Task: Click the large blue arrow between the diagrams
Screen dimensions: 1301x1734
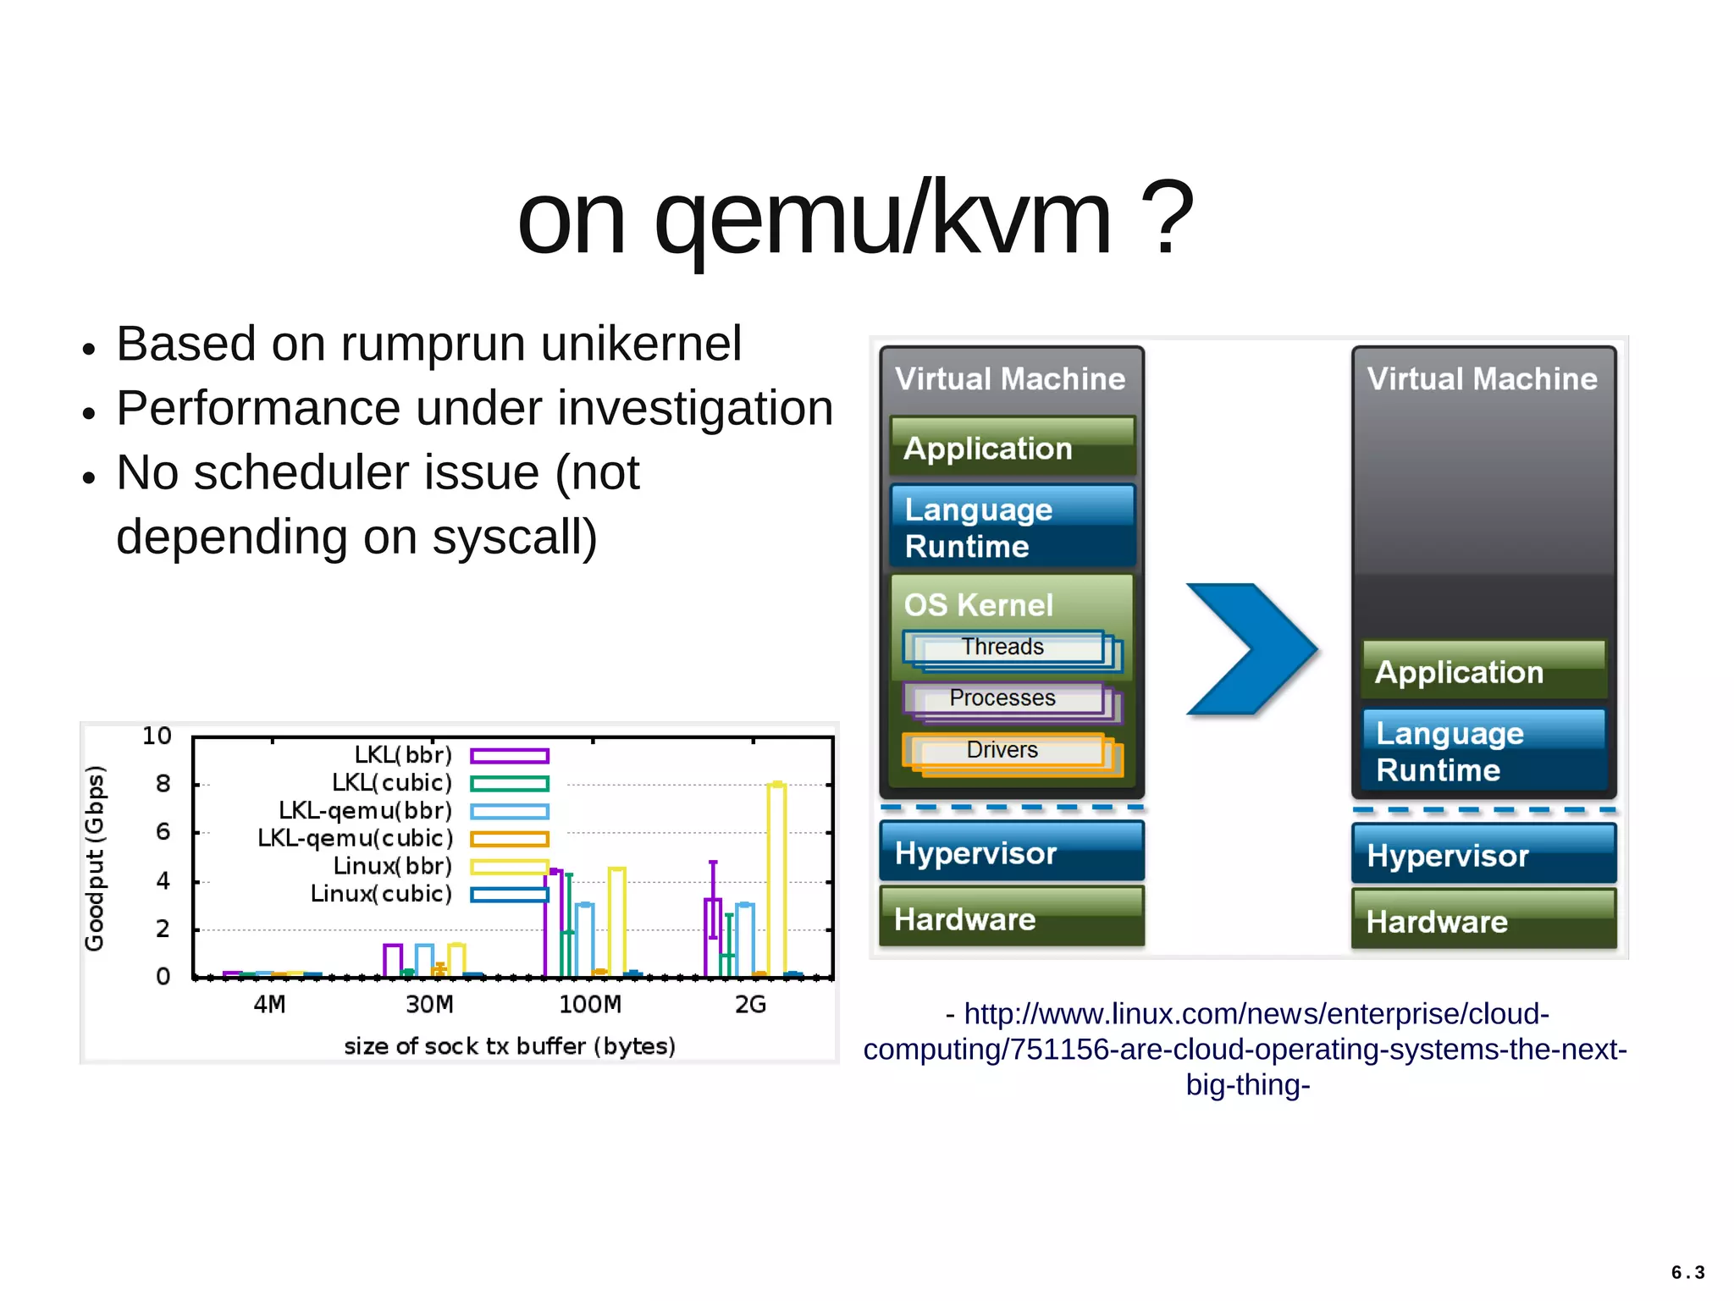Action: [x=1248, y=649]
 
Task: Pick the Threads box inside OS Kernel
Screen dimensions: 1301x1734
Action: [x=1003, y=648]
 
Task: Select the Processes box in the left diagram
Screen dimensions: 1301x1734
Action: [x=1003, y=698]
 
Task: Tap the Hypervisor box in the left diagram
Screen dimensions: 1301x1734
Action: [x=1011, y=852]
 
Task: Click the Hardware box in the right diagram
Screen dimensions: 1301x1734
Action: [x=1483, y=920]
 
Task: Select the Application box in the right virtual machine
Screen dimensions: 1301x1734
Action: [x=1483, y=671]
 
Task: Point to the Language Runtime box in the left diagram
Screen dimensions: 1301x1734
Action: [x=1011, y=527]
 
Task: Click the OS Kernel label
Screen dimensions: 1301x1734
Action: [x=979, y=605]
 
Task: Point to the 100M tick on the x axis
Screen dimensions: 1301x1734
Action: [x=590, y=1005]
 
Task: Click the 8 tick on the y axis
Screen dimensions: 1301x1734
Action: [x=163, y=784]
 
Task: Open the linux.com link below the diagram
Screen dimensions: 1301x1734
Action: [x=1245, y=1049]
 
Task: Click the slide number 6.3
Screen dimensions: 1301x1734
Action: [x=1687, y=1272]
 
